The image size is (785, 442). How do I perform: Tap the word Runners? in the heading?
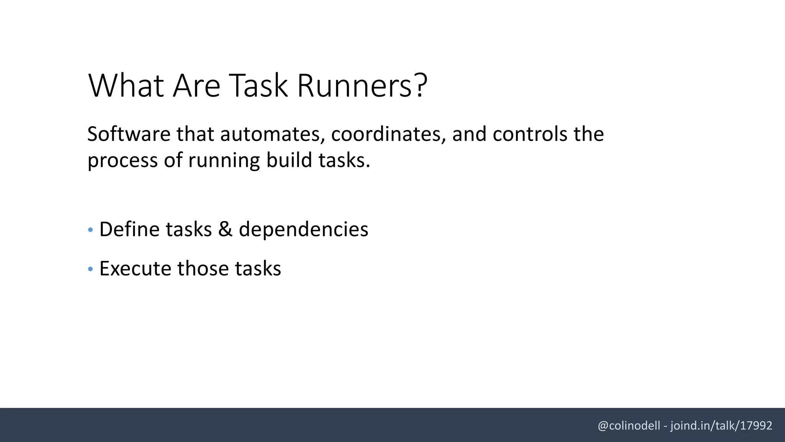[x=362, y=86]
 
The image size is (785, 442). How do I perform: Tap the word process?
[x=122, y=160]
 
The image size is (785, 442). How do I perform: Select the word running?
[x=224, y=160]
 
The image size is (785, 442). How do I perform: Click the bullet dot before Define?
[x=90, y=230]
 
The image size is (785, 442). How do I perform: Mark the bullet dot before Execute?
[x=90, y=269]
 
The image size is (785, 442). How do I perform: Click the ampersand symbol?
[x=225, y=229]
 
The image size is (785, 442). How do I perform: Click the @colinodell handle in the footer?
[x=629, y=426]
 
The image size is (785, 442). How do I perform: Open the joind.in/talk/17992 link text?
[x=721, y=426]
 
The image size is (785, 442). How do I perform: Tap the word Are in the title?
[x=197, y=86]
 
